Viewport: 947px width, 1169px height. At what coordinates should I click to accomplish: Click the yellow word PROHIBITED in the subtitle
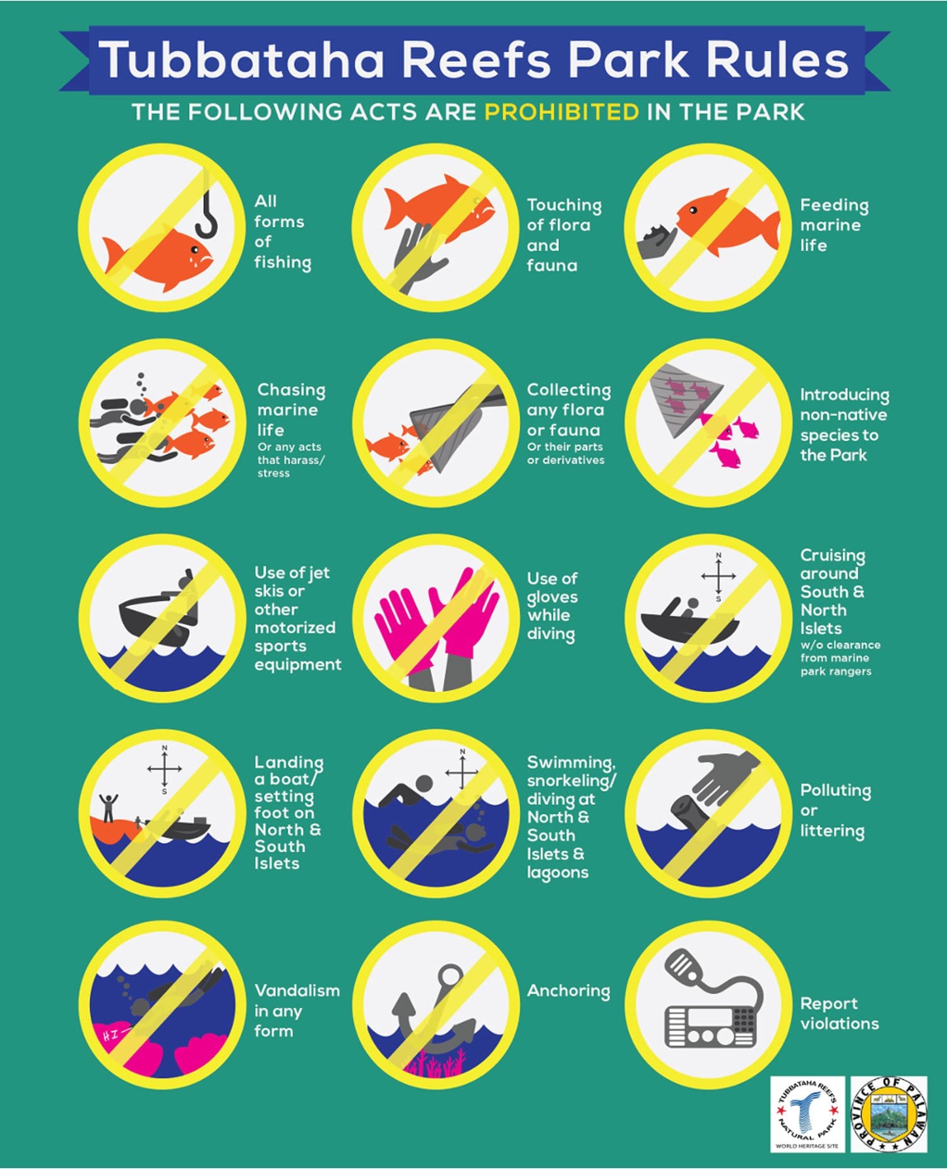click(x=562, y=112)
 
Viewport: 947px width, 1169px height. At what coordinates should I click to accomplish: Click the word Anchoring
click(x=569, y=991)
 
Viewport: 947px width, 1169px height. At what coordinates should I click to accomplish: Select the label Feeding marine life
click(x=834, y=225)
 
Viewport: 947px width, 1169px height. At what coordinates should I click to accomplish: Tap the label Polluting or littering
click(x=835, y=811)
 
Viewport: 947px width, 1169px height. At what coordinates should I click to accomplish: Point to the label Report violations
click(x=840, y=1013)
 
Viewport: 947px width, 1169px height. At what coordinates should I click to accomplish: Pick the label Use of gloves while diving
click(x=552, y=606)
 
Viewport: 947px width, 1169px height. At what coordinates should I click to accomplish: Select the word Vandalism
click(x=297, y=990)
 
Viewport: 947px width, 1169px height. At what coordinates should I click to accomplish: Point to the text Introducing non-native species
click(x=844, y=425)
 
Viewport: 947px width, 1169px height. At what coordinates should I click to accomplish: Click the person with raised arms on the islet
click(x=109, y=808)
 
